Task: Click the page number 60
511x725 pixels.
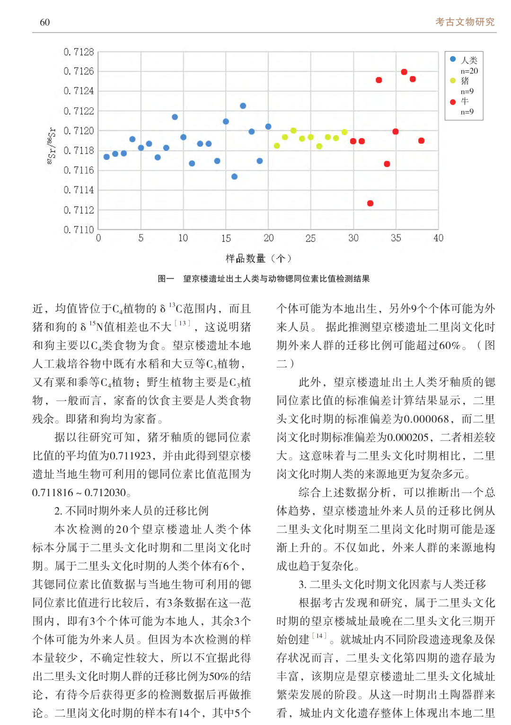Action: [45, 22]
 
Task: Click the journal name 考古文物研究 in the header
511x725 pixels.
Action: [465, 22]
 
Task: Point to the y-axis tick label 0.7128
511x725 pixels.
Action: [79, 52]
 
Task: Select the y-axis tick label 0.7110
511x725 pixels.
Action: [79, 229]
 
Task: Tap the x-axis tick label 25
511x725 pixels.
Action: [310, 238]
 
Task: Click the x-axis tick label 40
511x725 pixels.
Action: [438, 238]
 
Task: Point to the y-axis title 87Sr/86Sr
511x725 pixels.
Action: [51, 145]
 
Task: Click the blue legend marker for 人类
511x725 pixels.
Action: [453, 59]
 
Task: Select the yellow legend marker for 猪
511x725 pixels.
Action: [453, 80]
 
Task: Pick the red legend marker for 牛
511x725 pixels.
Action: [453, 102]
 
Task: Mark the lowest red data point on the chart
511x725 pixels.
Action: [370, 203]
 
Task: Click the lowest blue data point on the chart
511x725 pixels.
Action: [234, 176]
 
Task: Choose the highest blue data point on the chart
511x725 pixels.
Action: [243, 106]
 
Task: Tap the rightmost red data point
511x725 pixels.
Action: [421, 140]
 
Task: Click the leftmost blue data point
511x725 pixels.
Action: [106, 157]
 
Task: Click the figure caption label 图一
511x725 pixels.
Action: [166, 279]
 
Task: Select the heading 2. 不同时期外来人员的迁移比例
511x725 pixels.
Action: [131, 511]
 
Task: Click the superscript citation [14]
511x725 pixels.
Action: [319, 636]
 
